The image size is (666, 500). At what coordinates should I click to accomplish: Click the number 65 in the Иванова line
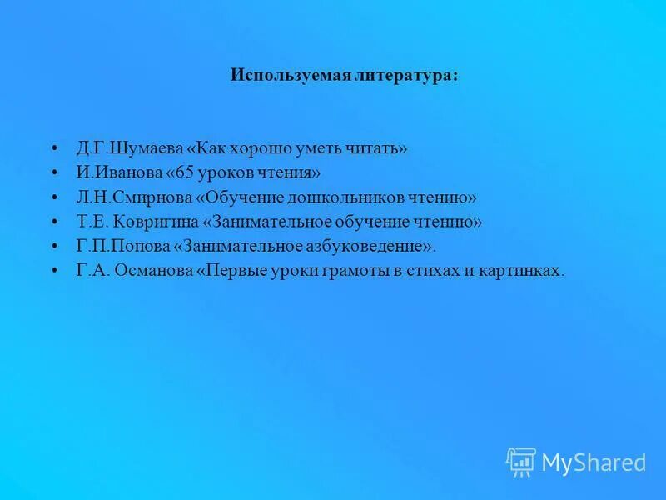(185, 172)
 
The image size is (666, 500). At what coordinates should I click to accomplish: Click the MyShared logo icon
(521, 462)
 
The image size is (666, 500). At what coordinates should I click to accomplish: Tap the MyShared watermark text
(594, 462)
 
